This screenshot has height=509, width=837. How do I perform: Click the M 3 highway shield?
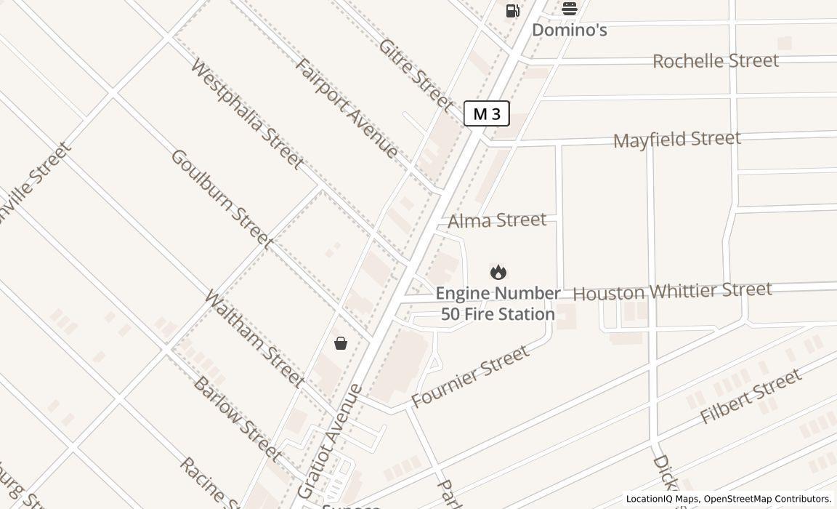click(x=487, y=113)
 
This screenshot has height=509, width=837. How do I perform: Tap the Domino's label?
click(x=570, y=30)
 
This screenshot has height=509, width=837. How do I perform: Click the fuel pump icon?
click(x=512, y=10)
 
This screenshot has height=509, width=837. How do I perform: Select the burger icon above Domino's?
click(x=570, y=9)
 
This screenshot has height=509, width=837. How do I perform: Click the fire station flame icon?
click(x=498, y=272)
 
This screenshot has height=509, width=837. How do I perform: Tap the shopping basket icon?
click(x=341, y=343)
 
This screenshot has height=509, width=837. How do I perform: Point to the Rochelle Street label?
click(x=715, y=60)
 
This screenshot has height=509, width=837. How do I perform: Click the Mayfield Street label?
click(x=676, y=139)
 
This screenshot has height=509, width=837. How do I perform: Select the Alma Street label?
click(x=497, y=220)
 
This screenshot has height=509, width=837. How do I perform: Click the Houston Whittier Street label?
click(x=672, y=291)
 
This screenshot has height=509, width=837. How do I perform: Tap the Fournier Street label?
click(x=470, y=376)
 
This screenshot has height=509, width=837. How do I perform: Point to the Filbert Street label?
click(x=751, y=396)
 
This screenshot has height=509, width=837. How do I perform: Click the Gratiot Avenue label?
click(x=331, y=441)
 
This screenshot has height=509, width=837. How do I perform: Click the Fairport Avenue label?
click(x=347, y=108)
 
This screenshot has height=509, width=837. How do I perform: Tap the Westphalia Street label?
click(x=246, y=114)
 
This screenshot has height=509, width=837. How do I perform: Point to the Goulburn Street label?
click(x=222, y=199)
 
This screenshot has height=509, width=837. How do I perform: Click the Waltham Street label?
click(x=254, y=338)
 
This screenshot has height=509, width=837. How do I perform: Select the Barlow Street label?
click(x=237, y=418)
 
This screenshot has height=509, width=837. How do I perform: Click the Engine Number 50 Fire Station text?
click(x=498, y=303)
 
